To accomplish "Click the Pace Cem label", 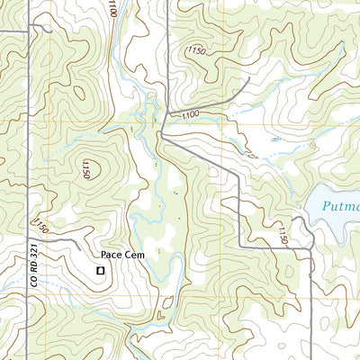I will [x=122, y=256].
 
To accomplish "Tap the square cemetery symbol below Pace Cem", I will [x=101, y=269].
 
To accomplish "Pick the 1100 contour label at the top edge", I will [x=111, y=9].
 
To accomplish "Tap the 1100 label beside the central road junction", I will [x=189, y=115].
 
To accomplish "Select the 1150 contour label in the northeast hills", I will [x=196, y=51].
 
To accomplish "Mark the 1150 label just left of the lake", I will [x=283, y=236].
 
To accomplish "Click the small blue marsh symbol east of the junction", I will [x=274, y=139].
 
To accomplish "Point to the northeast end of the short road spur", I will [x=247, y=79].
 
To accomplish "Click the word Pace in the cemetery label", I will [x=112, y=256].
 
